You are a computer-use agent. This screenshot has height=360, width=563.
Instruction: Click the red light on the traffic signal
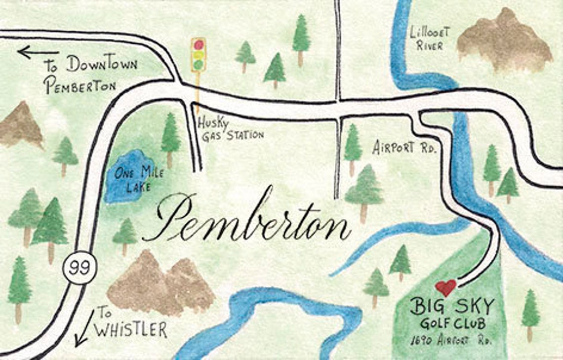coord(199,45)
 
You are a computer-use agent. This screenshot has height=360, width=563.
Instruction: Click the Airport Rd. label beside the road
coord(404,147)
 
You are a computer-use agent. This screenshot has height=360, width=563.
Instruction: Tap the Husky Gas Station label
coord(230,128)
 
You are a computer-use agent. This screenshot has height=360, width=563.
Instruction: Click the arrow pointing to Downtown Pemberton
coord(38,51)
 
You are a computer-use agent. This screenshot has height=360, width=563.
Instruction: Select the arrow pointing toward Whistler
coord(84,328)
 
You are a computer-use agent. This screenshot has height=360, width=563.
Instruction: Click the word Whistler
coord(131,329)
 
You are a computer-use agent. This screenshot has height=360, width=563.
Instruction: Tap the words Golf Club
coord(452,324)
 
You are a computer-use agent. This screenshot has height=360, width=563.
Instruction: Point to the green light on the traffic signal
coord(198,65)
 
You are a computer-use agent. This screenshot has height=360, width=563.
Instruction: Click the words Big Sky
coord(451,307)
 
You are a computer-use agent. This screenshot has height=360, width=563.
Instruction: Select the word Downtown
coord(102,64)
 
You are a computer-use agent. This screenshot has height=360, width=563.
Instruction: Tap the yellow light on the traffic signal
coord(198,55)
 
